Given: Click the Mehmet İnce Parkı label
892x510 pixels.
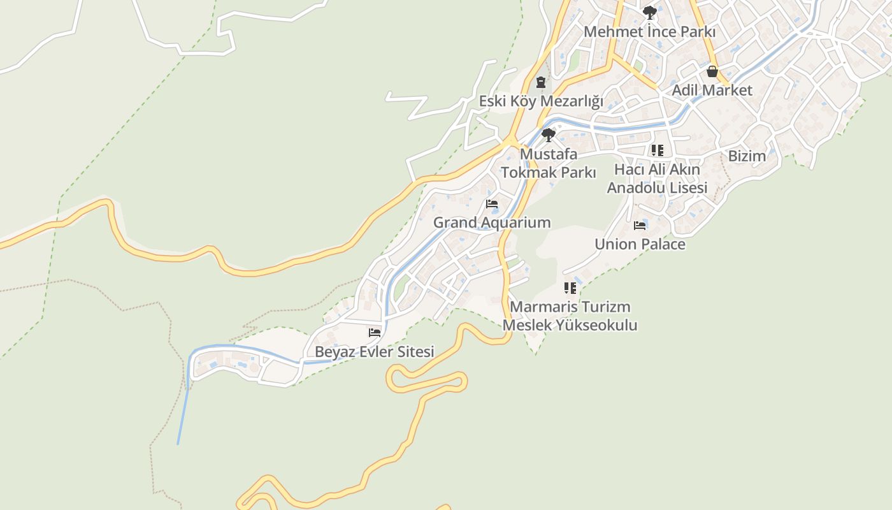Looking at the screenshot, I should tap(649, 31).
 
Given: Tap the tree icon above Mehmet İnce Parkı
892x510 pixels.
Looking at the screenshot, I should tap(649, 12).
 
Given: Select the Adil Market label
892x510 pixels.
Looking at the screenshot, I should tap(712, 90).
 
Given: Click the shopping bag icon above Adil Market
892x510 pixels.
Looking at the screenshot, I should tap(712, 71).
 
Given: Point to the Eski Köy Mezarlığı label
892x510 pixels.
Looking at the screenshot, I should tap(541, 101).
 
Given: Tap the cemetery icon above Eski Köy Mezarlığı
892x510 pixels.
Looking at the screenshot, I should tap(541, 82).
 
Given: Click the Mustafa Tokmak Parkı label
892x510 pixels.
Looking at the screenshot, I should tap(549, 163).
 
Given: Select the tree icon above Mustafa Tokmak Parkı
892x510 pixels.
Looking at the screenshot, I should tap(548, 135).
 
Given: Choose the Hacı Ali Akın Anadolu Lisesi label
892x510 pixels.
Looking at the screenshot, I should tap(657, 178).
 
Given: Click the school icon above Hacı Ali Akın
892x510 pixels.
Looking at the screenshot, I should tap(657, 150).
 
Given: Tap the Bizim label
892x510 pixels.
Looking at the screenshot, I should tap(747, 156).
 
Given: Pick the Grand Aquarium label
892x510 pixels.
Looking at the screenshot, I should tap(492, 222).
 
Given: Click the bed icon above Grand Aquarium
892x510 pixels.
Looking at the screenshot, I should tap(492, 204).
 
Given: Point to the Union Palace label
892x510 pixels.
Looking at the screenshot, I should tap(640, 244).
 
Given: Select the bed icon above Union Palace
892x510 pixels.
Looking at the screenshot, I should tap(640, 226).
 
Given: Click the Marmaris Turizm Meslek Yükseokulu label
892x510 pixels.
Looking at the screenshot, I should tap(570, 316).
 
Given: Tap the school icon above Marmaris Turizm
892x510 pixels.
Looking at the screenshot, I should tap(570, 288).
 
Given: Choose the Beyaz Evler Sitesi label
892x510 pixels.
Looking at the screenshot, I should tap(375, 351).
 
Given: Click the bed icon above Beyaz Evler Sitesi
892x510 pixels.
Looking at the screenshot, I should tap(375, 333).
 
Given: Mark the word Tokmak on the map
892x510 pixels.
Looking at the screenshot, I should tap(526, 172).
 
